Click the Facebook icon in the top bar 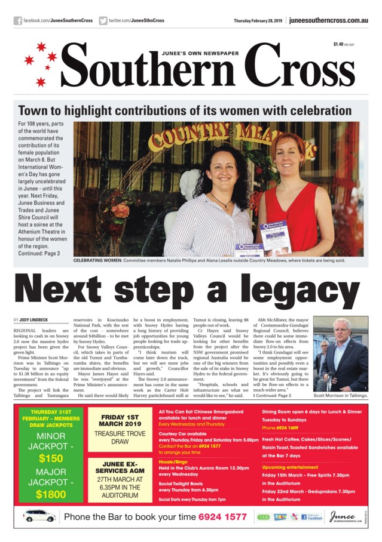[x=18, y=21]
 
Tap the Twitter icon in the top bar [x=103, y=21]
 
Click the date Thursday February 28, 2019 [x=258, y=21]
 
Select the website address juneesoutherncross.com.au [x=328, y=21]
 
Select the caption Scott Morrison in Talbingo [x=341, y=396]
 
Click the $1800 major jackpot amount [x=51, y=494]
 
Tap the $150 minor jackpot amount [x=51, y=458]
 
